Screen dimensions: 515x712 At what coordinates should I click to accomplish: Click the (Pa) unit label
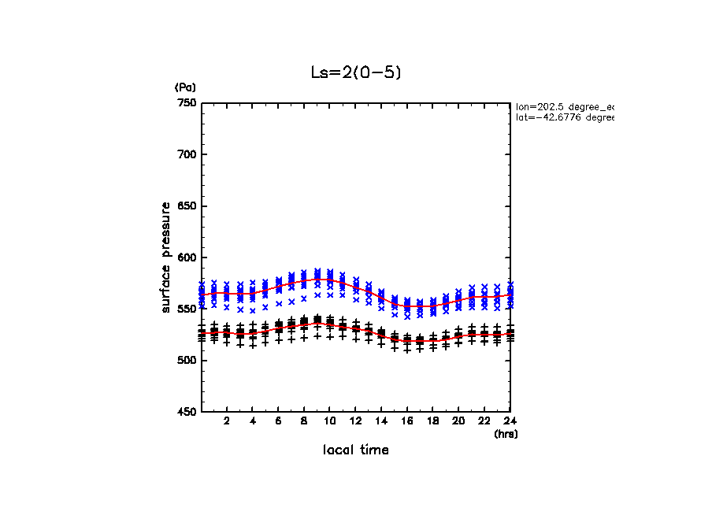185,87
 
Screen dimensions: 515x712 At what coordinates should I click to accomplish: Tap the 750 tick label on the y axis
187,103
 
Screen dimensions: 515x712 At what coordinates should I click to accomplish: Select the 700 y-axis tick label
187,154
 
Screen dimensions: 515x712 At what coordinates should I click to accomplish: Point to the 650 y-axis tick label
187,206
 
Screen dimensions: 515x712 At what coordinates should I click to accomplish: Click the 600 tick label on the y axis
187,257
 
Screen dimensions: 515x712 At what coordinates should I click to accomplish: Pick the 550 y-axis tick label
187,309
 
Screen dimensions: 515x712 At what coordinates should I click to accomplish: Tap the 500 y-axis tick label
187,361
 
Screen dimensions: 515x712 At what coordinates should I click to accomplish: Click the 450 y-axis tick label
187,412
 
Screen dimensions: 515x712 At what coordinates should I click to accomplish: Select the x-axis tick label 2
227,421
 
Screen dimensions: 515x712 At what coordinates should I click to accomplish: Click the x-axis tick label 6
278,421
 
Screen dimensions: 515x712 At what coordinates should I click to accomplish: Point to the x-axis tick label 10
330,421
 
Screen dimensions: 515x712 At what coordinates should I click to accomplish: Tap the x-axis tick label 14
381,421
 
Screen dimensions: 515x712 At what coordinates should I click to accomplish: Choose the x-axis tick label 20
458,421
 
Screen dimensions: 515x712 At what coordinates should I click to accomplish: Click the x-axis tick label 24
510,421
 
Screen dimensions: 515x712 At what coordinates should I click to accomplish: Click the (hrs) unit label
506,433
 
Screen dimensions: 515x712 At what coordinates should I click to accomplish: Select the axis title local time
355,450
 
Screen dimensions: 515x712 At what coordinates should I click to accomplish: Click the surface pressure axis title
166,257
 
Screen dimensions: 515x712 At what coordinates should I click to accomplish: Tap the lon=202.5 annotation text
564,106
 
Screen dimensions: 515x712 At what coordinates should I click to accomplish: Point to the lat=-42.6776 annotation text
564,117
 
